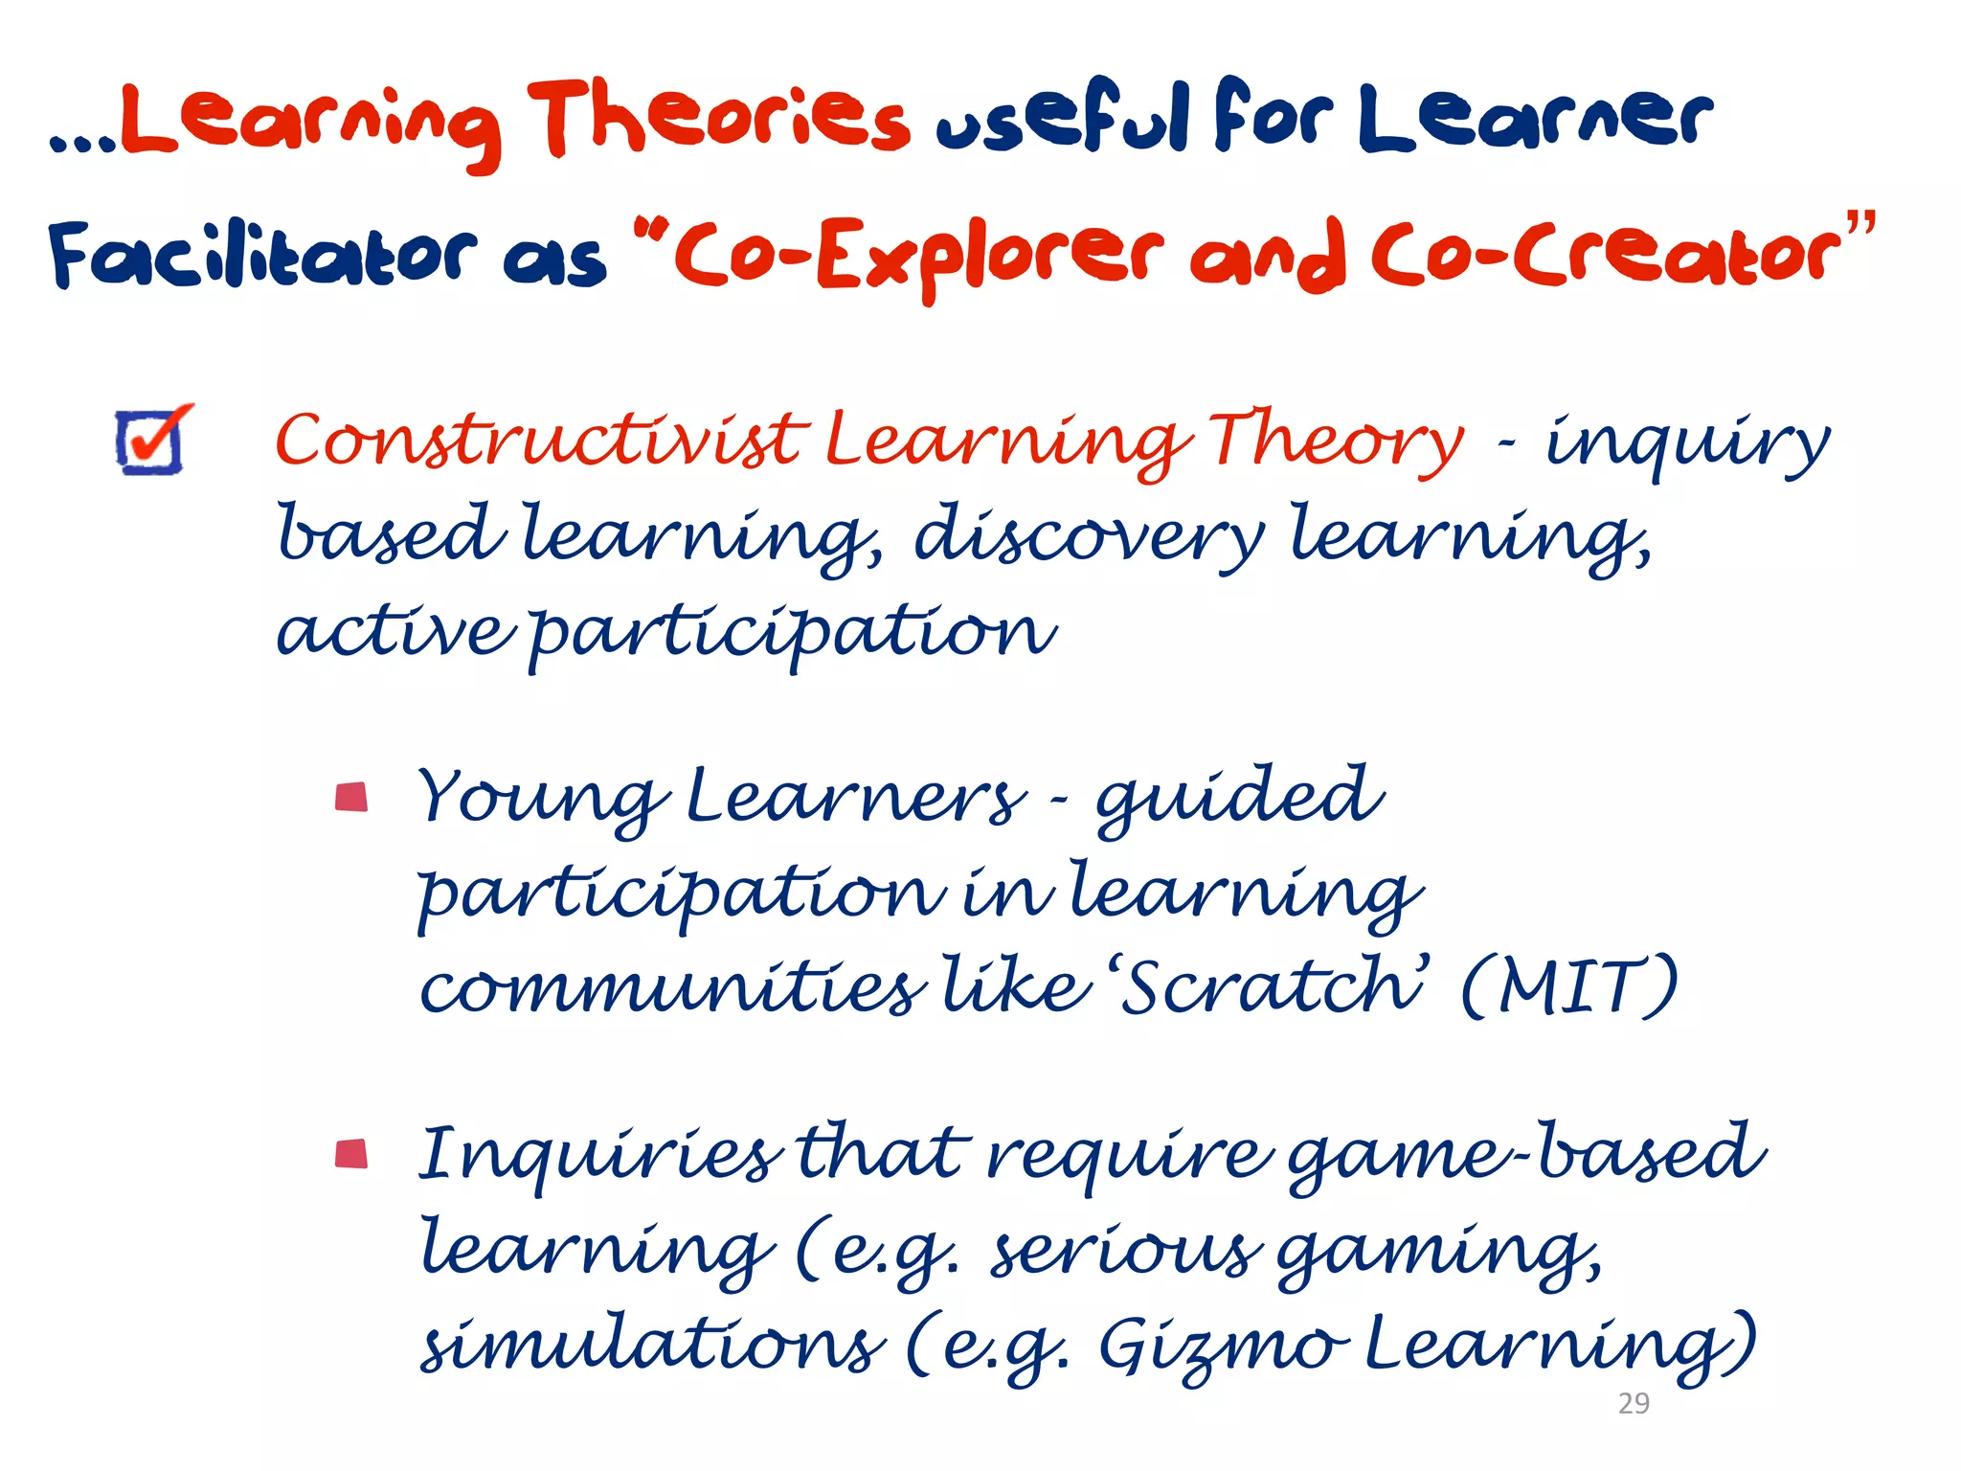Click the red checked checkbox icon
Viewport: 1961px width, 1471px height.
pyautogui.click(x=151, y=440)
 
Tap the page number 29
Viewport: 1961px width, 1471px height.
pyautogui.click(x=1634, y=1403)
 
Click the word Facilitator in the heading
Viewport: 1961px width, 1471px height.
pyautogui.click(x=261, y=253)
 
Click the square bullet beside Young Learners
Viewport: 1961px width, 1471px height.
pyautogui.click(x=351, y=797)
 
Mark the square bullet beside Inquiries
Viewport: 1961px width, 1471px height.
pyautogui.click(x=351, y=1154)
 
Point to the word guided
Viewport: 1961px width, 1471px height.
pyautogui.click(x=1239, y=797)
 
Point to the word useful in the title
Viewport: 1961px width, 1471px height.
pyautogui.click(x=1063, y=119)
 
